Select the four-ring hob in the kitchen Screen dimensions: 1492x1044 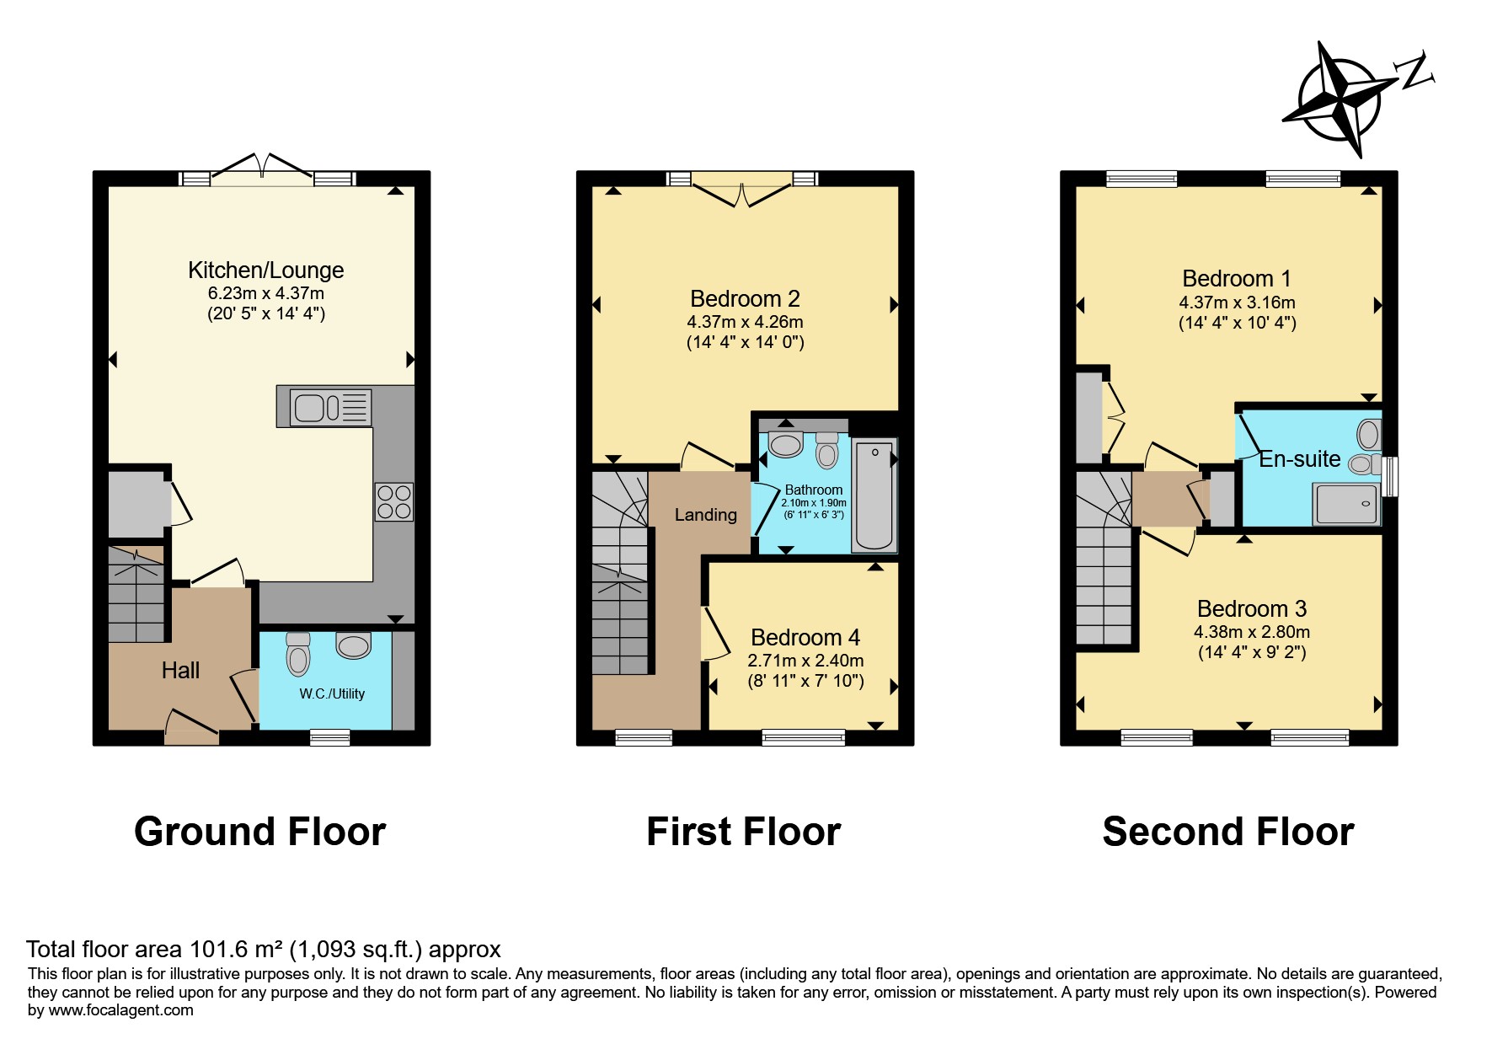click(x=394, y=501)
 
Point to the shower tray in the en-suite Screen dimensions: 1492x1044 click(x=1346, y=504)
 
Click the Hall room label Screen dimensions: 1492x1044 click(x=180, y=671)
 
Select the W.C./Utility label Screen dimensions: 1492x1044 click(x=332, y=693)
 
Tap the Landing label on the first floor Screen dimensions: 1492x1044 click(x=706, y=515)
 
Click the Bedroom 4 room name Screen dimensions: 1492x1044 click(x=805, y=638)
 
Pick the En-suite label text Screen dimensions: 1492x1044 click(x=1299, y=459)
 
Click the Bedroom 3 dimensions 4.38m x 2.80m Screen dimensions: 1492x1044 click(x=1252, y=632)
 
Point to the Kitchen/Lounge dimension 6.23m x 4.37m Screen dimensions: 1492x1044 click(x=266, y=293)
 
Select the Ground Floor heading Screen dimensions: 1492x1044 click(x=259, y=832)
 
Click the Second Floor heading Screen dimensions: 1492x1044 click(x=1228, y=832)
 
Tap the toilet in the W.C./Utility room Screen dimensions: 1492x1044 click(x=298, y=654)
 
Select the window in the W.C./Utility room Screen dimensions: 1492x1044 click(x=329, y=737)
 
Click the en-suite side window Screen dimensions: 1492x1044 click(x=1390, y=476)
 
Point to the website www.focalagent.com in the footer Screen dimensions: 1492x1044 click(x=120, y=1010)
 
